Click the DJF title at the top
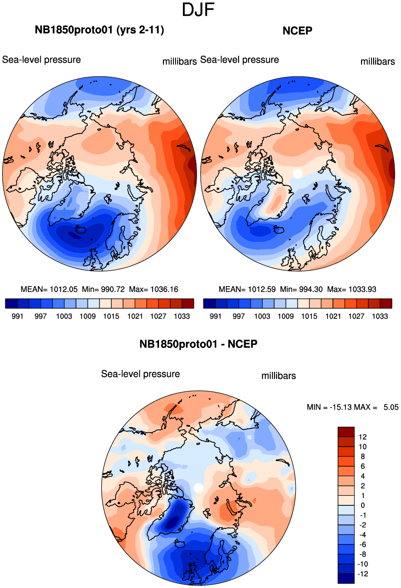[199, 10]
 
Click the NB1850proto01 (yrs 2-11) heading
[99, 30]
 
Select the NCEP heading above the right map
[297, 30]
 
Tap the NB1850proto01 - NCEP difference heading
[198, 344]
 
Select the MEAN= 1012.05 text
[49, 289]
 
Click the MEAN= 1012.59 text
[247, 289]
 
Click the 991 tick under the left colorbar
[17, 316]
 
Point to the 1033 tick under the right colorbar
[380, 316]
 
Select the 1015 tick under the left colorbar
[111, 316]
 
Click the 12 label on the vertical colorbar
[362, 437]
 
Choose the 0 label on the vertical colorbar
[363, 505]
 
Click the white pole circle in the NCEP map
[298, 173]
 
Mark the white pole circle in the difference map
[199, 488]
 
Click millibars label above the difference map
[278, 376]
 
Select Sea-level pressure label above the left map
[42, 60]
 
